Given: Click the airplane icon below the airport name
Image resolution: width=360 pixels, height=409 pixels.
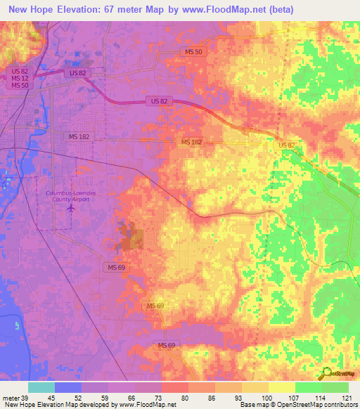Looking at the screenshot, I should click(x=70, y=209).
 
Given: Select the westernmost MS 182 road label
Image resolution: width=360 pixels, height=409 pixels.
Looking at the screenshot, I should click(x=79, y=136).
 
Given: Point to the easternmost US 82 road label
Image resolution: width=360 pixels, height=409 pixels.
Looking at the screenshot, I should click(x=287, y=145).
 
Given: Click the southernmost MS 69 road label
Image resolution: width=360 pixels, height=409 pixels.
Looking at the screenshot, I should click(x=167, y=344).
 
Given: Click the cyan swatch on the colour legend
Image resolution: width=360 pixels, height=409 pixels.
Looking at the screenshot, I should click(x=41, y=387).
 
